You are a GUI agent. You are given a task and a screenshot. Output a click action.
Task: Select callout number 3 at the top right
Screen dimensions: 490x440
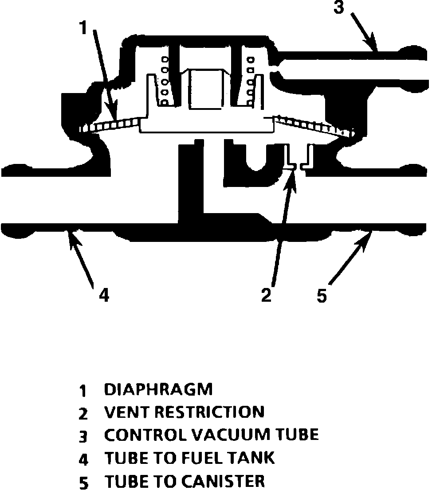pos(339,8)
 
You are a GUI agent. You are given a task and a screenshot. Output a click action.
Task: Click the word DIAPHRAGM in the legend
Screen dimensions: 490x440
pos(158,389)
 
